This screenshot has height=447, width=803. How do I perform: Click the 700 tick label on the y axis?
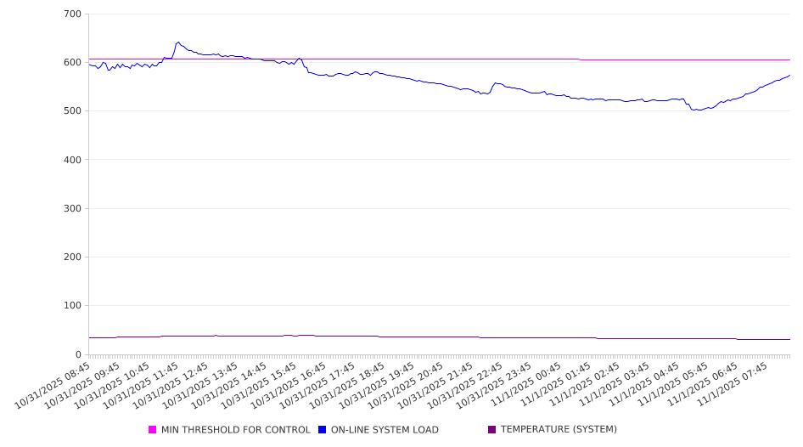(x=72, y=14)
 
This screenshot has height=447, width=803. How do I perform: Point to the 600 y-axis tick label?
(x=72, y=63)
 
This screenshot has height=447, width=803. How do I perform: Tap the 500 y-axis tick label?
(x=72, y=111)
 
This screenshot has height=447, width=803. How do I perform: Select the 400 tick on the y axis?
(x=72, y=160)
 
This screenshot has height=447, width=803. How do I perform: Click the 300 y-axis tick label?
(x=72, y=208)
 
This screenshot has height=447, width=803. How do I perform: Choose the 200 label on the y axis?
(x=72, y=257)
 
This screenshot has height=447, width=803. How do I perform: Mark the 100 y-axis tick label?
(x=72, y=306)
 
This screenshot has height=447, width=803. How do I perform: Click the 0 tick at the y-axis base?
(x=78, y=354)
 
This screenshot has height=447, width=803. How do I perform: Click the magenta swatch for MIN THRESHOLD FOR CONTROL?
(x=153, y=430)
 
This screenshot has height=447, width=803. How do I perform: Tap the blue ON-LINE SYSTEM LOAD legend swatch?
(x=323, y=430)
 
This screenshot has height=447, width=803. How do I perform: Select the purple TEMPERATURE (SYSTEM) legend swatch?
(x=492, y=430)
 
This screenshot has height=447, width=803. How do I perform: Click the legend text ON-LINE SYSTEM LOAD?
(x=385, y=430)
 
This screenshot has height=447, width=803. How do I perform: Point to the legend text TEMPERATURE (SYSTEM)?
(x=559, y=430)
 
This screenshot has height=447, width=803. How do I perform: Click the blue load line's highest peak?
(x=177, y=42)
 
